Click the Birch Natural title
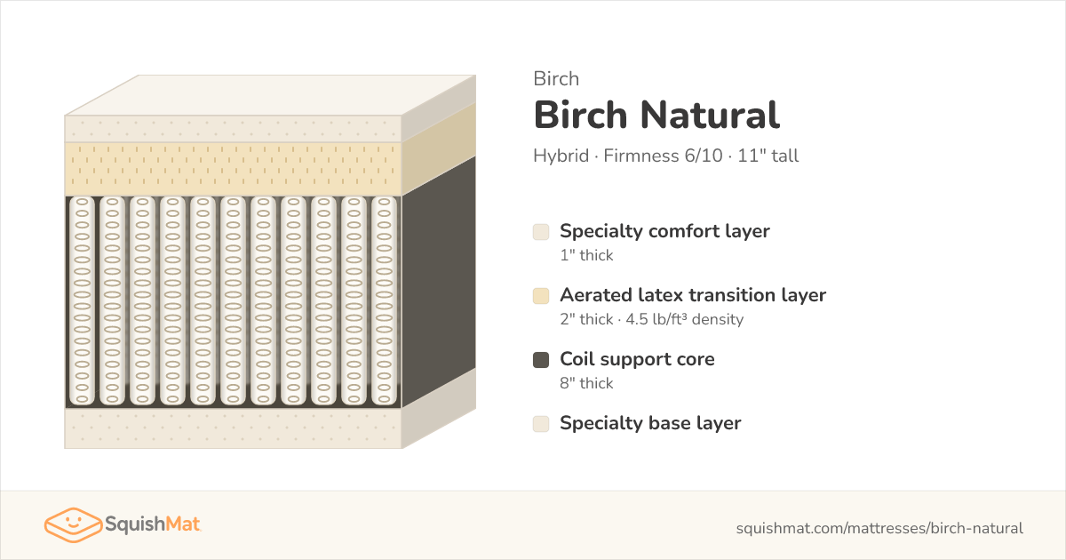click(656, 115)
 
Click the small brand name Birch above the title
click(556, 78)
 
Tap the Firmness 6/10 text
click(663, 156)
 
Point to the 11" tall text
click(768, 156)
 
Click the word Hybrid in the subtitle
click(561, 156)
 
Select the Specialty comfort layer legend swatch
click(541, 232)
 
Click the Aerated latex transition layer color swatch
click(541, 296)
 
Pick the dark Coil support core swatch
click(541, 359)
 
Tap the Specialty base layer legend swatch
click(541, 423)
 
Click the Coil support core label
click(637, 359)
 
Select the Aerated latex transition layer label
click(693, 295)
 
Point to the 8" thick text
click(586, 383)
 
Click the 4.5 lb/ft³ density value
click(684, 319)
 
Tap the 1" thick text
click(586, 255)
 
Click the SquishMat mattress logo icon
click(73, 524)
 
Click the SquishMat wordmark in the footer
click(152, 524)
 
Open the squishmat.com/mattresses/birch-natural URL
click(879, 528)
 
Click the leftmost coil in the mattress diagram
click(82, 301)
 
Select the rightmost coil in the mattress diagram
click(384, 301)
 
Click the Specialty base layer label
click(650, 423)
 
